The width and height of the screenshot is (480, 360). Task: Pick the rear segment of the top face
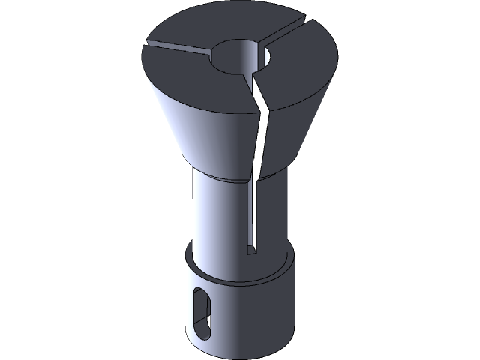click(225, 30)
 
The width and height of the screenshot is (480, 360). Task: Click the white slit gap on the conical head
click(261, 142)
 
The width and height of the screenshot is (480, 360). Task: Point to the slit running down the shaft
click(252, 217)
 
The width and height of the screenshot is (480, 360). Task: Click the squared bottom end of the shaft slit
click(252, 251)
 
